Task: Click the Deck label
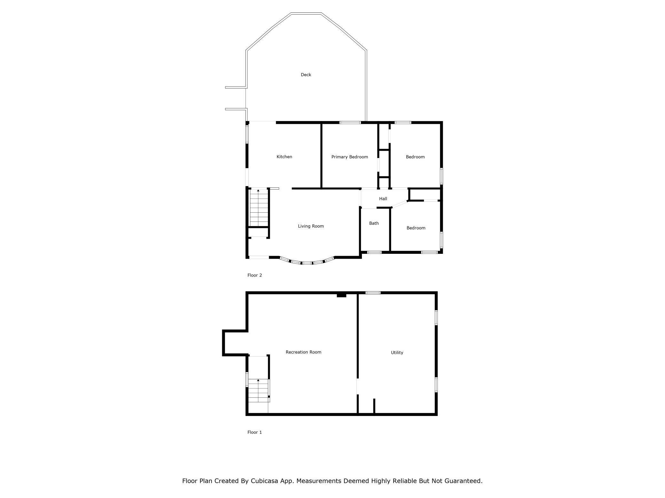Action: pos(306,75)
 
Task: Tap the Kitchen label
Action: pos(284,157)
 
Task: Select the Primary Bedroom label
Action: pos(349,157)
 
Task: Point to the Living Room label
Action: pos(311,226)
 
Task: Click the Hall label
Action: pos(383,199)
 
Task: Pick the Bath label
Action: pos(374,223)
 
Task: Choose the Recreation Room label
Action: pos(303,352)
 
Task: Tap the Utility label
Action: pos(397,352)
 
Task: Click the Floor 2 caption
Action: pos(254,275)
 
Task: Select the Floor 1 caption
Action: pos(254,432)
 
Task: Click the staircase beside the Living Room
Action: pos(259,207)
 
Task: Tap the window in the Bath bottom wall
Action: pos(374,252)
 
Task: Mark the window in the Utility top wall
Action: pos(373,292)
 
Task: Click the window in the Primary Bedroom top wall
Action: pos(350,122)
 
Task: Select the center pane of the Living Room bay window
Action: pos(307,263)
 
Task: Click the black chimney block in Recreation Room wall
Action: pos(341,295)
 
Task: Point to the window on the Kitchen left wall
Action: pos(247,134)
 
